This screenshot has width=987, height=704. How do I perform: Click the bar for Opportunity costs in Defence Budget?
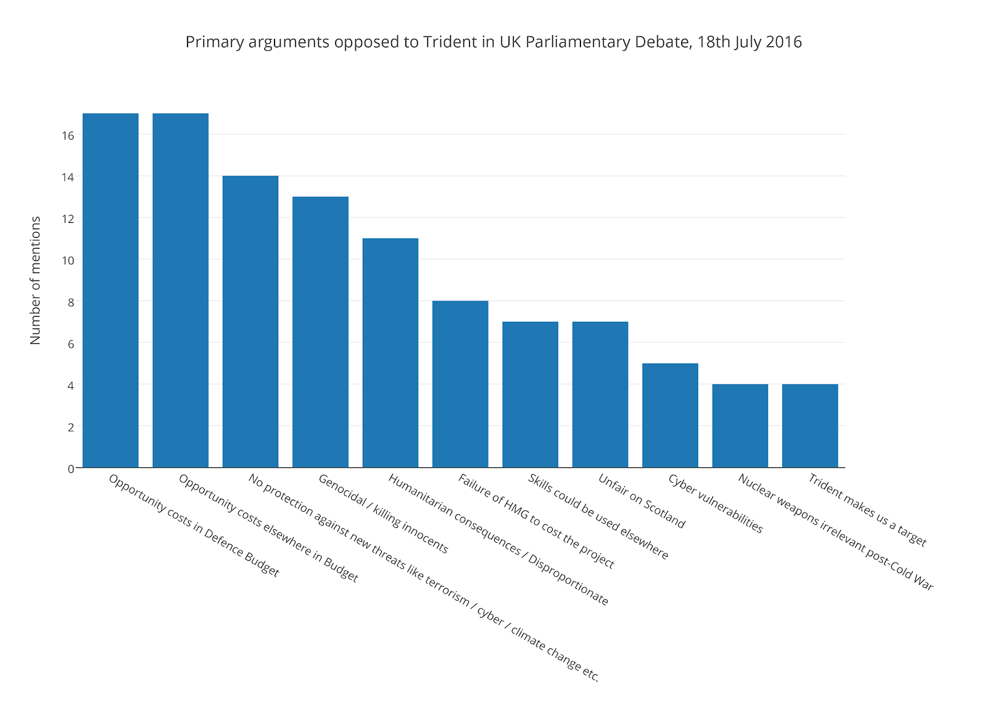[x=110, y=290]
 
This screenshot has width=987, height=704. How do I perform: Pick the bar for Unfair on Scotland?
[x=600, y=395]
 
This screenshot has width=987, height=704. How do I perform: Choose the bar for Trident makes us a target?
[x=810, y=425]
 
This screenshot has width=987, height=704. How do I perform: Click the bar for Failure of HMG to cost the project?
[x=460, y=384]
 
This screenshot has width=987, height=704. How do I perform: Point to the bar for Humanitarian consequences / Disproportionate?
[x=390, y=353]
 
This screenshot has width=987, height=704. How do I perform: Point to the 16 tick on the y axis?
[x=68, y=135]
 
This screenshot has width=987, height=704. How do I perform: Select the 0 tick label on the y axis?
[x=71, y=468]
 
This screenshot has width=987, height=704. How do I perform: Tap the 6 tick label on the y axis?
[x=71, y=343]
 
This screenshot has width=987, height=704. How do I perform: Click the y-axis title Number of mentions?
[x=35, y=280]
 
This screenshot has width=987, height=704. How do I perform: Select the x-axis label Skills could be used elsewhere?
[x=598, y=516]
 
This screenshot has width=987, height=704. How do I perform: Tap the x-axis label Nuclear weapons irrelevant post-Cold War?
[x=835, y=532]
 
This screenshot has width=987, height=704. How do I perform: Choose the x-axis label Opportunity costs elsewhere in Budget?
[x=268, y=528]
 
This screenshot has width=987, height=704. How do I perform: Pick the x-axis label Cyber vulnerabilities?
[x=715, y=503]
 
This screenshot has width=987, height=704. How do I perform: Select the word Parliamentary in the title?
[x=580, y=42]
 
